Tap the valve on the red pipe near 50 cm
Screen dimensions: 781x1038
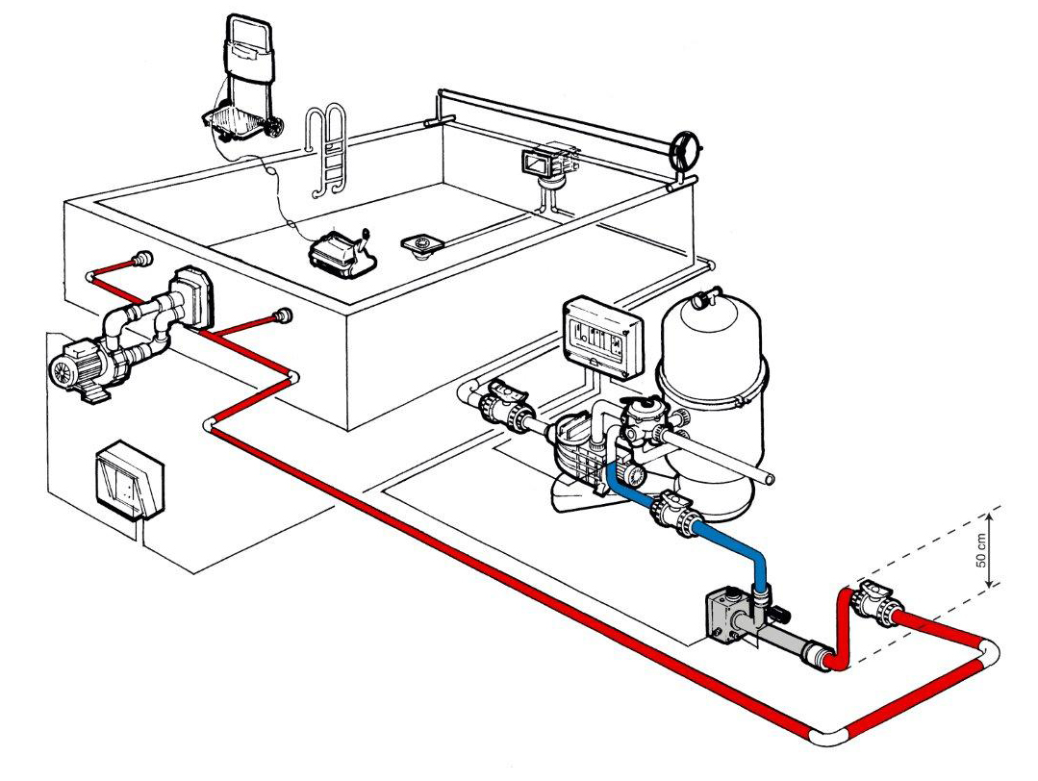click(877, 604)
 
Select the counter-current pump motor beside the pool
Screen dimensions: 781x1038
click(82, 365)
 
